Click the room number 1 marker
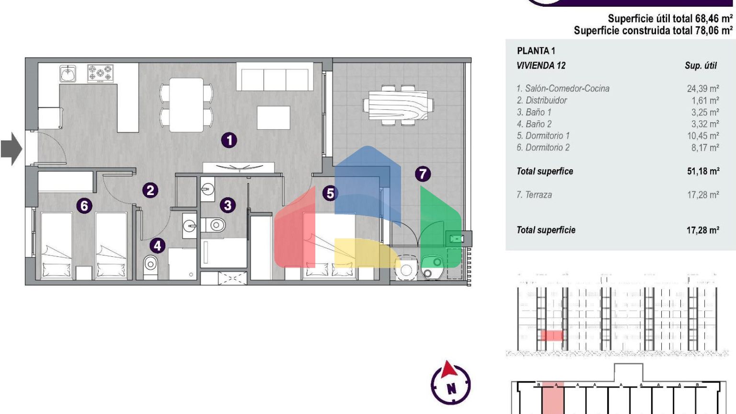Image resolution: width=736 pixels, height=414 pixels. pyautogui.click(x=229, y=140)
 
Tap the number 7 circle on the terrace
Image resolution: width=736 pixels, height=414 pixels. pyautogui.click(x=423, y=174)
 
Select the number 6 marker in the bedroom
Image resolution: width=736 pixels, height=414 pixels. pyautogui.click(x=84, y=206)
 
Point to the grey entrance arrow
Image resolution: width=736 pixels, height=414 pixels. pyautogui.click(x=11, y=149)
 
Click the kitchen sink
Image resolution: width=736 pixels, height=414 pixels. pyautogui.click(x=68, y=73)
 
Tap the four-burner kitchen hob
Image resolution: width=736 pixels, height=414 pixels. pyautogui.click(x=100, y=73)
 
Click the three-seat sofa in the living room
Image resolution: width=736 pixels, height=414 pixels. pyautogui.click(x=275, y=77)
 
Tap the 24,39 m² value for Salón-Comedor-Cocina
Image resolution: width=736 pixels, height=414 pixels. pyautogui.click(x=703, y=88)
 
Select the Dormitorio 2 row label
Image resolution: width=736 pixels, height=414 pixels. pyautogui.click(x=543, y=148)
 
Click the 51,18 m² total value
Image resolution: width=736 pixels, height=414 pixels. pyautogui.click(x=703, y=171)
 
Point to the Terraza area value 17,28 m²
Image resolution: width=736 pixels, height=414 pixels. pyautogui.click(x=703, y=195)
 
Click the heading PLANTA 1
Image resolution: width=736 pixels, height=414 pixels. pyautogui.click(x=536, y=51)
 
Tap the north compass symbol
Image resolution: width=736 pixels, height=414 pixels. pyautogui.click(x=450, y=383)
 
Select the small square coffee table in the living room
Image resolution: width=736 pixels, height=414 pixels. pyautogui.click(x=274, y=117)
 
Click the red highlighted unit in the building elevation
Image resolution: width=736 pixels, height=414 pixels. pyautogui.click(x=552, y=335)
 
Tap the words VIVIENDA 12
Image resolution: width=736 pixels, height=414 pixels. pyautogui.click(x=541, y=65)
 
